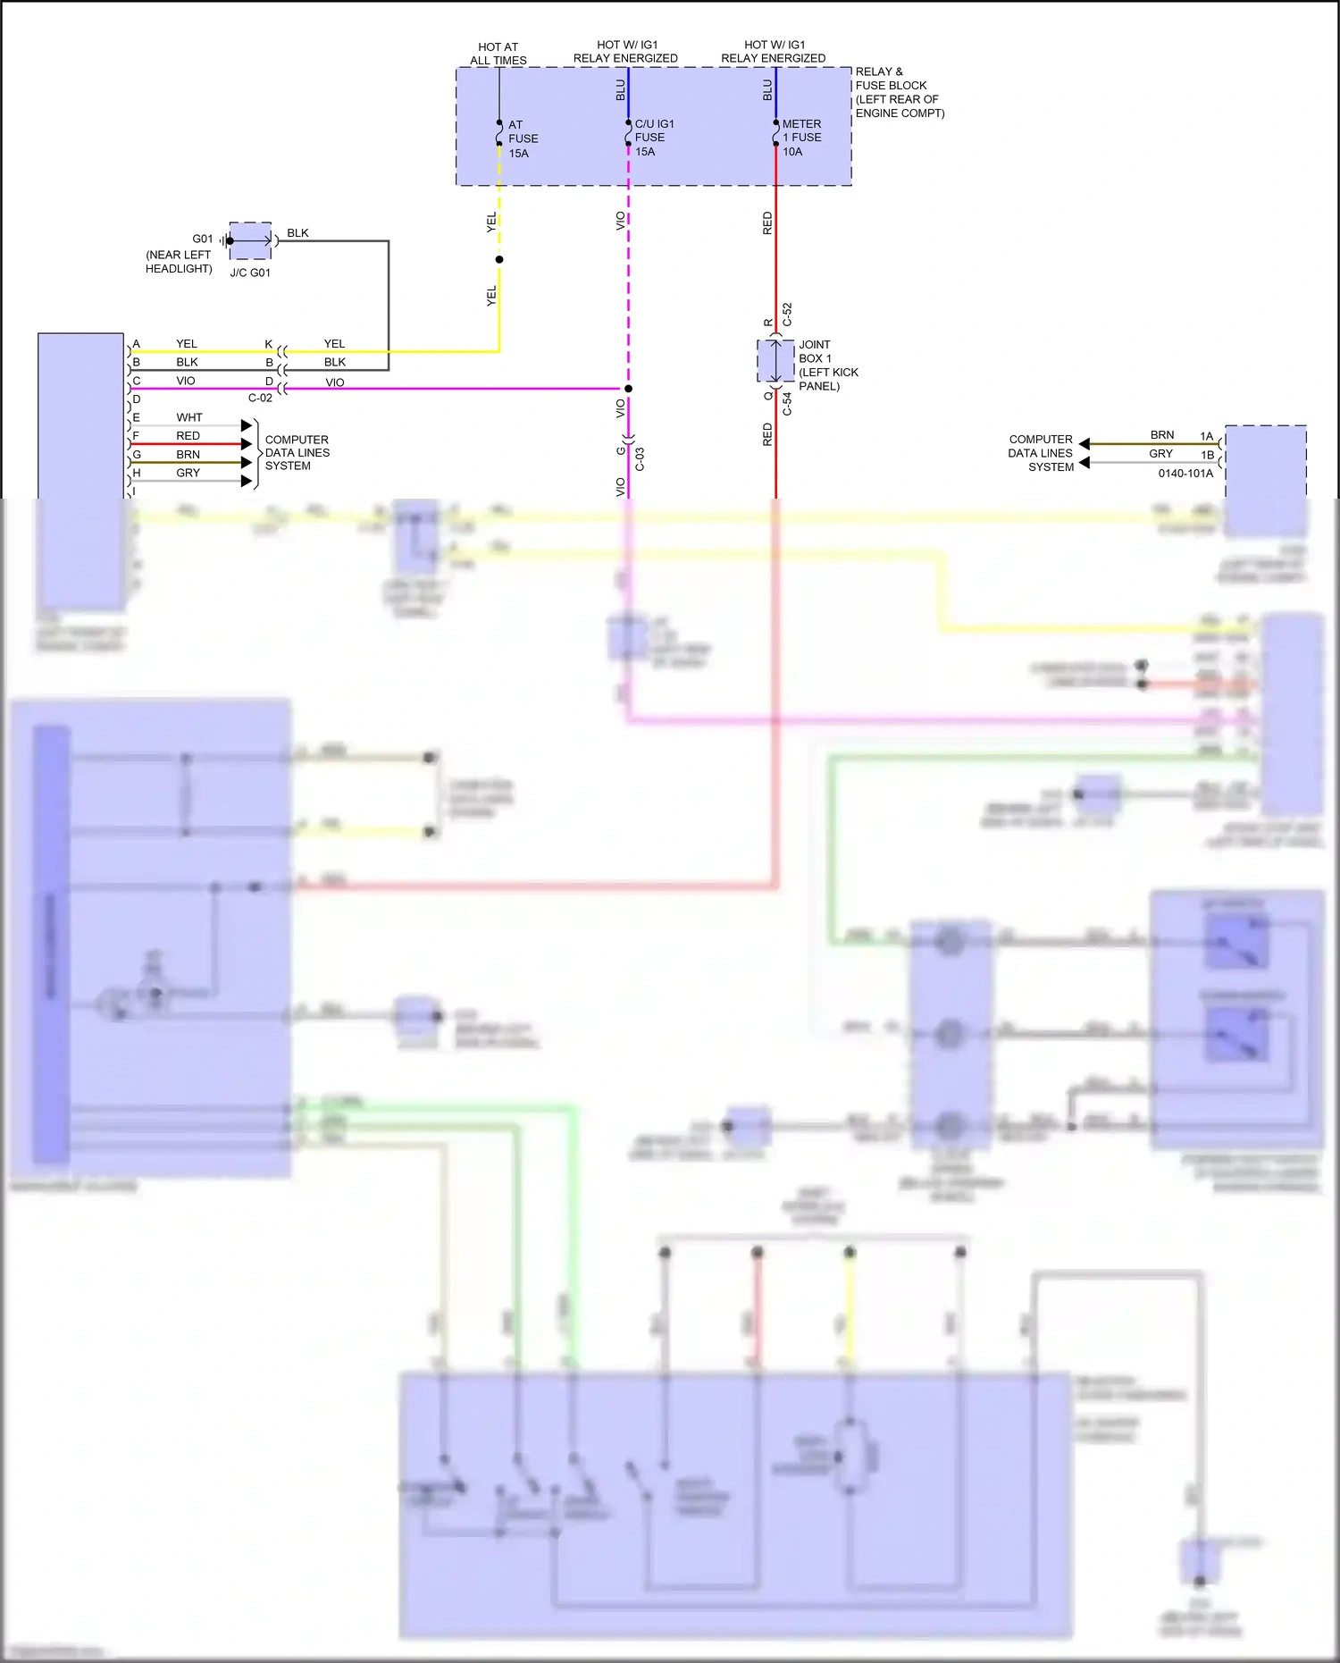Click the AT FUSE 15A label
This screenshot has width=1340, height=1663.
523,139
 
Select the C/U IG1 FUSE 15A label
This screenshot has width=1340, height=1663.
653,138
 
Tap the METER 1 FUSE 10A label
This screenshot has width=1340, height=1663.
801,138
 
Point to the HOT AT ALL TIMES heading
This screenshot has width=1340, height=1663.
498,54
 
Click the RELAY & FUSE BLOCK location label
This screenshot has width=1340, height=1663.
899,92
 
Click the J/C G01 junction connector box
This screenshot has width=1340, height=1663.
250,240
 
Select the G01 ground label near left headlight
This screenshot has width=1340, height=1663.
203,239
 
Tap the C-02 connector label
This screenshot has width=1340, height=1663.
260,398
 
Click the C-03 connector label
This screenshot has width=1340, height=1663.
640,459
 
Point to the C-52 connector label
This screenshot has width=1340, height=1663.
787,315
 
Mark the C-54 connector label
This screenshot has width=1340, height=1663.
787,404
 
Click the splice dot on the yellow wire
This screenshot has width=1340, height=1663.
499,259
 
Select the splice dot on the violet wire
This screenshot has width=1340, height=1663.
628,389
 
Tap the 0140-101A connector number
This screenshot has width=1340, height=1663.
1185,473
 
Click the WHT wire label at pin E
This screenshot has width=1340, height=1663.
188,417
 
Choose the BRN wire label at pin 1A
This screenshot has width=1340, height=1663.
1161,435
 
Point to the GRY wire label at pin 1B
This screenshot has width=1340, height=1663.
1160,454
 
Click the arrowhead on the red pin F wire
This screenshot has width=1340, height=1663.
247,444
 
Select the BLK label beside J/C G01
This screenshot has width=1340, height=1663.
297,233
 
